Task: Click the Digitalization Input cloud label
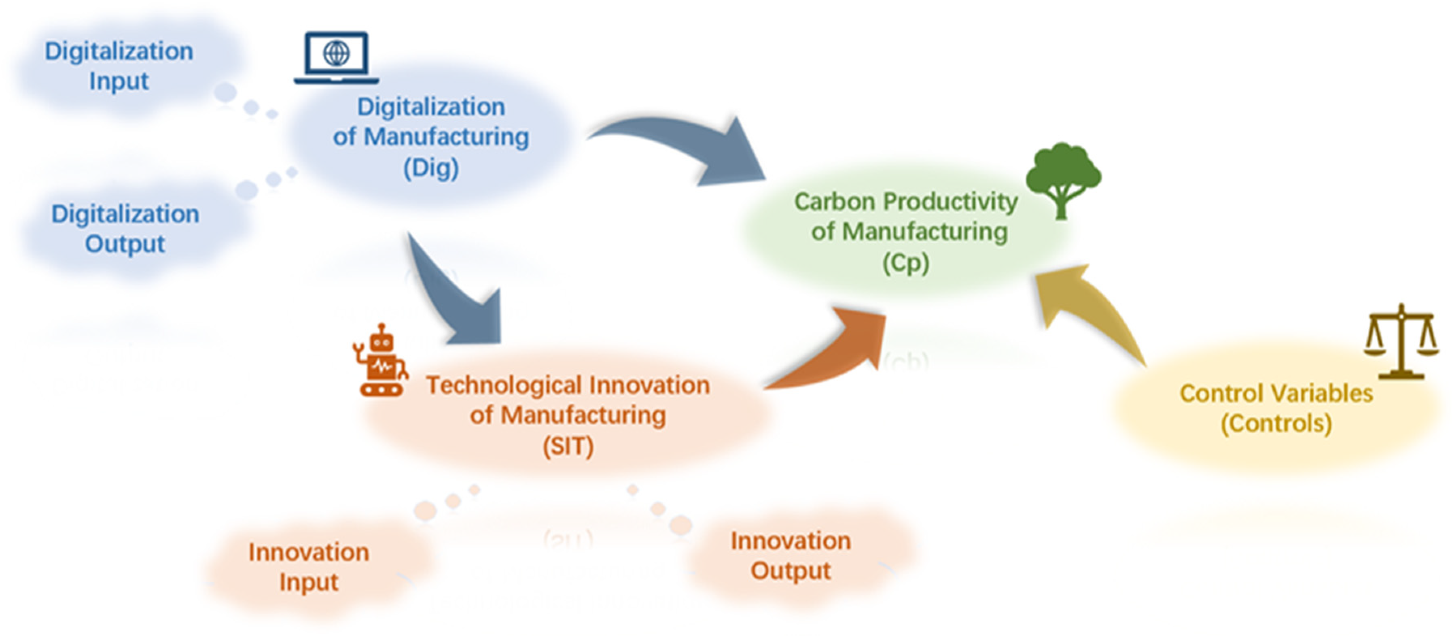pos(119,66)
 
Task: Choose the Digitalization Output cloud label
pos(125,229)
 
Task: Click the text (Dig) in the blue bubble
pos(431,168)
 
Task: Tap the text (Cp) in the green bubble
pos(906,263)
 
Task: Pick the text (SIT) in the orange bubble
pos(568,447)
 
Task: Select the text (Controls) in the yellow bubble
pos(1276,423)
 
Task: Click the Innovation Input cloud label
pos(309,567)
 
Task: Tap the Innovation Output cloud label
pos(791,555)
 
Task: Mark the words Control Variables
pos(1276,394)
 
